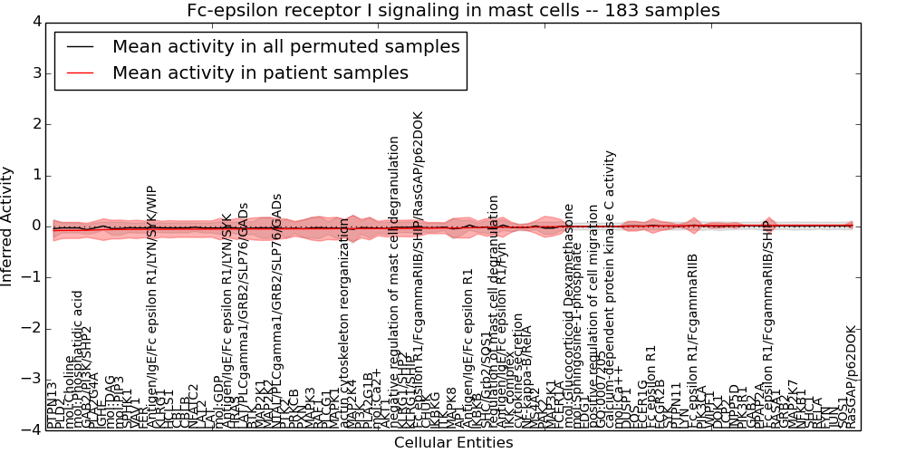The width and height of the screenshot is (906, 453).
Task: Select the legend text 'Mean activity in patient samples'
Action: click(260, 72)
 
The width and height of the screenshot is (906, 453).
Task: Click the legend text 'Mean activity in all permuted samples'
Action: click(285, 46)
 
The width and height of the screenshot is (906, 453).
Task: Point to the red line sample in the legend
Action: click(80, 72)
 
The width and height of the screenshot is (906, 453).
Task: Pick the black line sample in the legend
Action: click(80, 46)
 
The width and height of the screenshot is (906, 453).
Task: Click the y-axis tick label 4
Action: click(35, 22)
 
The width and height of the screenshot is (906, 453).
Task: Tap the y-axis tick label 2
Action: click(35, 124)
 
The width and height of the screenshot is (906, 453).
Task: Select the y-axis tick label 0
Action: click(35, 226)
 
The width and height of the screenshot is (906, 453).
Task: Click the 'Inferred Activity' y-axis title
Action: click(8, 226)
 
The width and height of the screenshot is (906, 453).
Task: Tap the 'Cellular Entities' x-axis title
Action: click(453, 443)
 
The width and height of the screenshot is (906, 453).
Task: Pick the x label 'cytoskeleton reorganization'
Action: click(344, 322)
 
